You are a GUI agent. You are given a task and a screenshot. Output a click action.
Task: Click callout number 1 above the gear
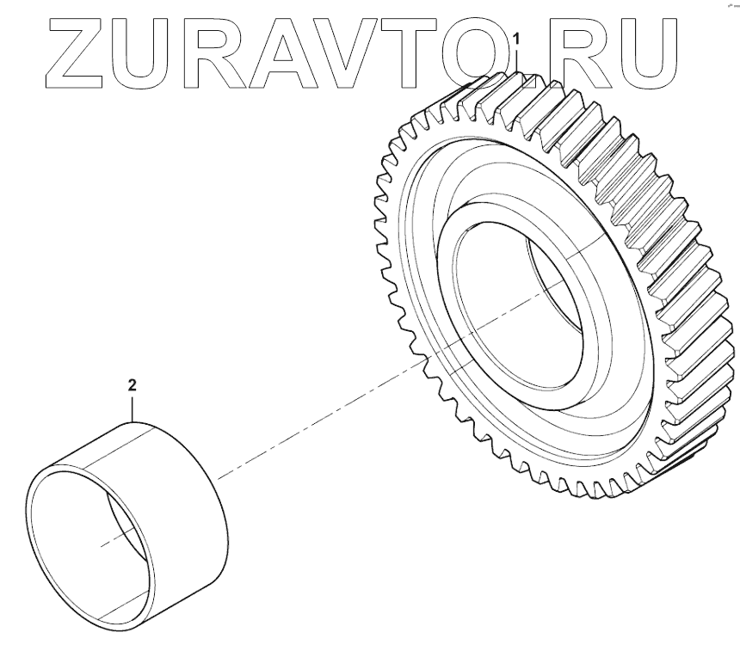click(x=517, y=39)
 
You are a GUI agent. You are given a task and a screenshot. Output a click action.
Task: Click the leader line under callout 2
click(x=132, y=408)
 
